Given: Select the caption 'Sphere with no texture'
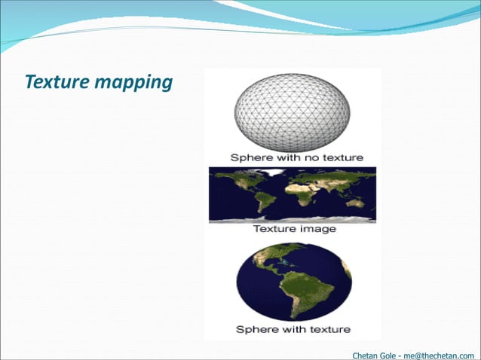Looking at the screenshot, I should [x=296, y=157].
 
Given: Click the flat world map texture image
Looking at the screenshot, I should [x=293, y=194].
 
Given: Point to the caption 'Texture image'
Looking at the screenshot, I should [x=293, y=228].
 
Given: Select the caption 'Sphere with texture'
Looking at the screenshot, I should [x=293, y=329].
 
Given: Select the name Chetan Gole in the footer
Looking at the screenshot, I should [x=381, y=354].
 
